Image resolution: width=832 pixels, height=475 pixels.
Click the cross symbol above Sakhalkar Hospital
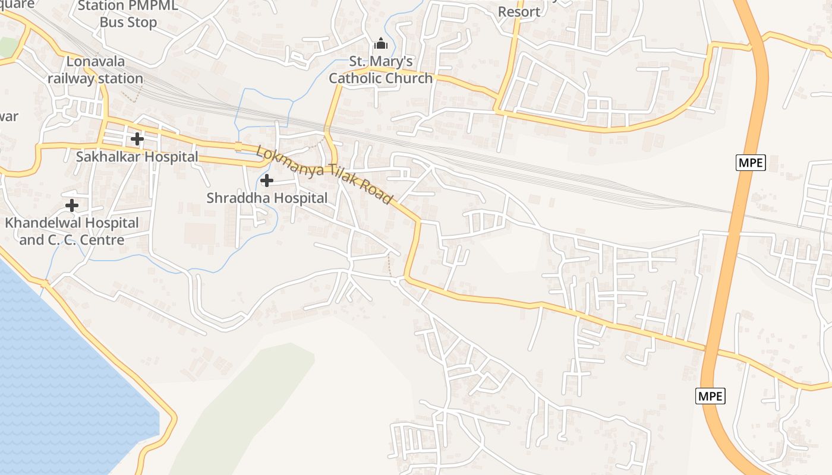[x=137, y=139]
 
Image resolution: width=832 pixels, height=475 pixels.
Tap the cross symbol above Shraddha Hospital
[x=267, y=180]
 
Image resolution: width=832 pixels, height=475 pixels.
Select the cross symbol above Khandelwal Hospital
[x=72, y=205]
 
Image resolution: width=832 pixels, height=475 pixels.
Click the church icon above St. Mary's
[x=380, y=43]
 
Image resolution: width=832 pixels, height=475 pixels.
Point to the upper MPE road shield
[x=750, y=163]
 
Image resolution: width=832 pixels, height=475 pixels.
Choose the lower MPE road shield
[x=710, y=395]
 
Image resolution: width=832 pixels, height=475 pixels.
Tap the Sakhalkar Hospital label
[x=137, y=157]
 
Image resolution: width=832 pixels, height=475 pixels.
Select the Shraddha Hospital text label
[x=267, y=198]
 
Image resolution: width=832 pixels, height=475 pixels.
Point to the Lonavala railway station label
[x=95, y=69]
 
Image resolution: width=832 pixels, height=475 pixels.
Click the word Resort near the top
[x=519, y=12]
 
